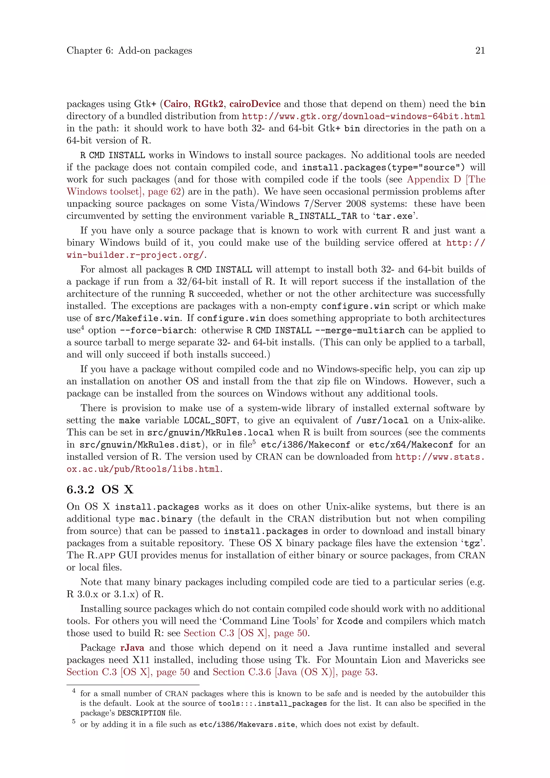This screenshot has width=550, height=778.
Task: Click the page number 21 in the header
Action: (480, 51)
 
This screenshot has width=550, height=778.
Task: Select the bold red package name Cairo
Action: (176, 104)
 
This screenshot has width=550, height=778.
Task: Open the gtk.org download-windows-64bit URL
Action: (363, 116)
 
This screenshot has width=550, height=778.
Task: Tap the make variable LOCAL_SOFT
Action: (210, 420)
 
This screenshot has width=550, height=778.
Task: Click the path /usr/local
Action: (382, 420)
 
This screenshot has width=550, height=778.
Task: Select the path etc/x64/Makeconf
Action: (411, 445)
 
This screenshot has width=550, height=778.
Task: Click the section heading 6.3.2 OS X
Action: (100, 489)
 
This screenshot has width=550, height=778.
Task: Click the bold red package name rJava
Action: (132, 647)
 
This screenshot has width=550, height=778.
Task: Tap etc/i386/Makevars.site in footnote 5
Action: (247, 725)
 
